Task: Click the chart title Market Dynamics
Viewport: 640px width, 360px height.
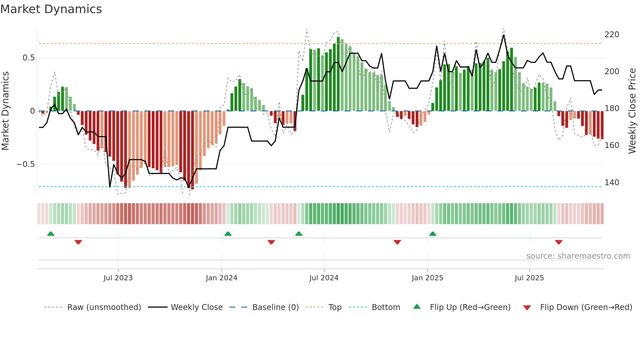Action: coord(51,9)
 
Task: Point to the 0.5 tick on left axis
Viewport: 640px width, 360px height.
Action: coord(28,58)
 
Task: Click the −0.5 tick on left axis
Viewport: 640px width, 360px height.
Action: coord(25,164)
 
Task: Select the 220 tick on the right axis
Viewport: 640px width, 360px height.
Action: coord(612,35)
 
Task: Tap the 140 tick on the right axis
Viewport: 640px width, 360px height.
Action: coord(612,183)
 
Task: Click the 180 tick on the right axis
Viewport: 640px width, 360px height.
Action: coord(612,108)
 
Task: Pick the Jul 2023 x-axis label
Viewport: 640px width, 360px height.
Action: coord(118,278)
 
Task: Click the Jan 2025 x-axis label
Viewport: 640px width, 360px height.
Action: coord(427,278)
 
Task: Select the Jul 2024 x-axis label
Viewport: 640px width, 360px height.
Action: coord(324,278)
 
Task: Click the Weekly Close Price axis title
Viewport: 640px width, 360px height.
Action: coord(632,111)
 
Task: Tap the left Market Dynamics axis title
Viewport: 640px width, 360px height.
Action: coord(5,111)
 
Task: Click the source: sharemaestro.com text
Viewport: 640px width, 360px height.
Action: coord(578,256)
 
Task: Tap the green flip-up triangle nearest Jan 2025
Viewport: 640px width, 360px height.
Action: coord(433,234)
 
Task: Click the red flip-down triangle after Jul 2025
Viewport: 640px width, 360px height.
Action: coord(559,242)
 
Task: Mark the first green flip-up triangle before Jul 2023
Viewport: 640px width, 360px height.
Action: coord(51,234)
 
